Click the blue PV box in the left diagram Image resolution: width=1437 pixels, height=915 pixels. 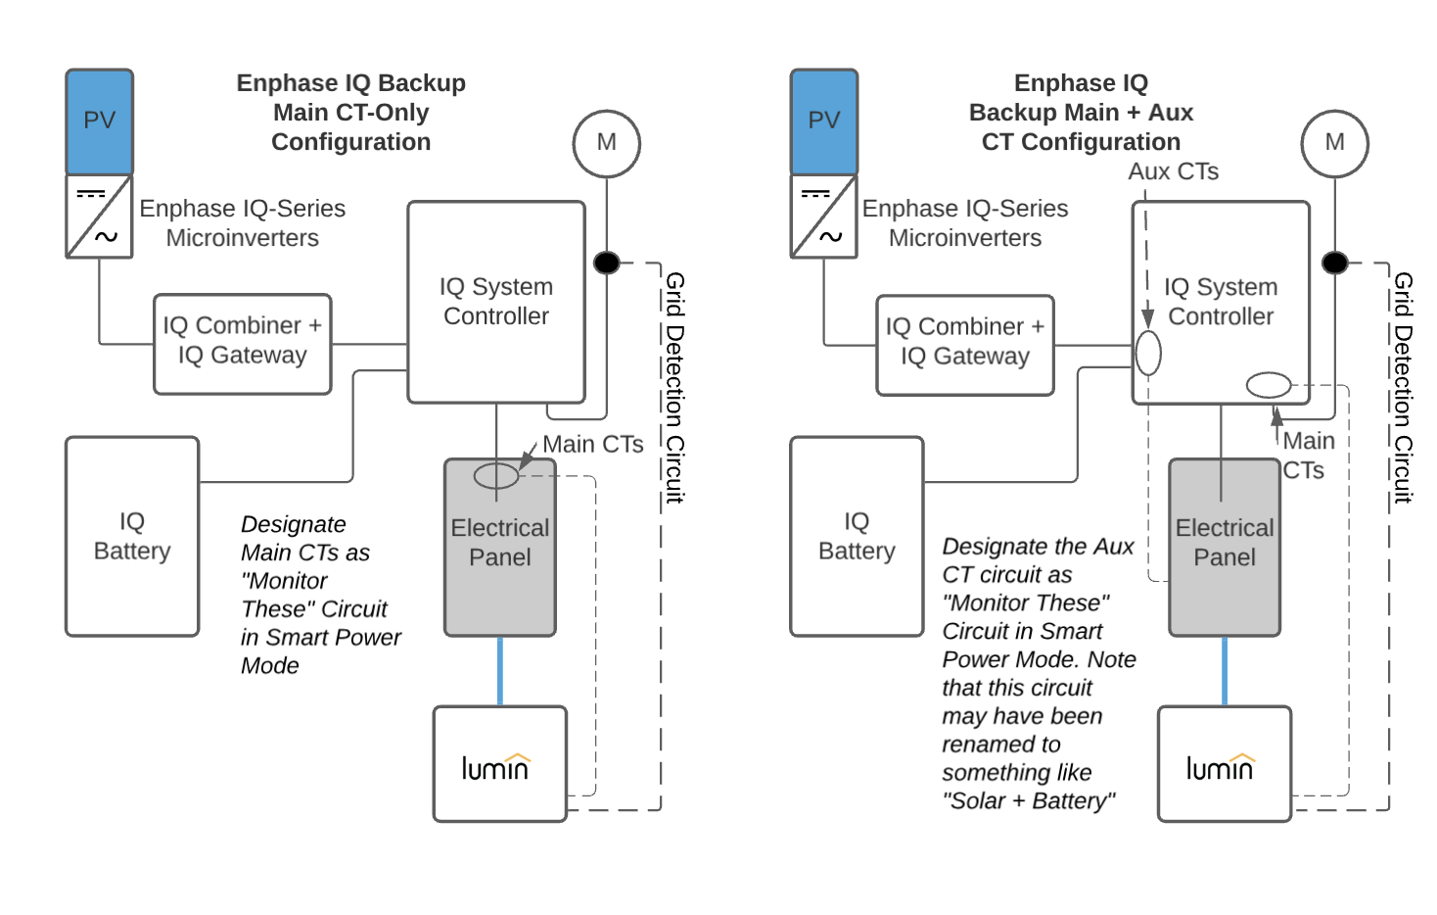coord(99,121)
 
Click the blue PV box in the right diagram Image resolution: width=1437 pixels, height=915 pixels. coord(823,121)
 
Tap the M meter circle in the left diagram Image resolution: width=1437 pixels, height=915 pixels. coord(607,143)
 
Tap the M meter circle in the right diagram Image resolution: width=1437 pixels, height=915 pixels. coord(1334,143)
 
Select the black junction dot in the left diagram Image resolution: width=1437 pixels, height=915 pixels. coord(607,263)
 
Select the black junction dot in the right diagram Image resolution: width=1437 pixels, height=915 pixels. coord(1334,263)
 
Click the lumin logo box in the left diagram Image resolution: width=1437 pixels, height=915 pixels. coord(499,764)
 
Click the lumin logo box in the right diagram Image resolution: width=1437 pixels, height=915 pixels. coord(1224,764)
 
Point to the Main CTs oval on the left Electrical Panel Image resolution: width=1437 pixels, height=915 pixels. coord(496,476)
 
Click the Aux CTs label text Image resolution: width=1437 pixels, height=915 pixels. coord(1173,171)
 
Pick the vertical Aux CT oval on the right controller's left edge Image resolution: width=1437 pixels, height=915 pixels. coord(1148,354)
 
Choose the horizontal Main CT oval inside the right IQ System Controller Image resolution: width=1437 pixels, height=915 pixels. coord(1269,385)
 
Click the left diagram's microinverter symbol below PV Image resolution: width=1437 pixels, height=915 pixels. coord(99,217)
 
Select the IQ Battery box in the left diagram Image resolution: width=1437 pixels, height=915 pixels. coord(132,536)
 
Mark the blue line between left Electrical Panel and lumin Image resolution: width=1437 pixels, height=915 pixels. coord(500,671)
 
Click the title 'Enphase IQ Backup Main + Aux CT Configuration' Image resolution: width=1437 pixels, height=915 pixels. coord(1081,113)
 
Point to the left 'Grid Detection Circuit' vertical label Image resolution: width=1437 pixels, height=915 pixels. coord(674,387)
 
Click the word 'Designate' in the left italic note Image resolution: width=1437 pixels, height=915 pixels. coord(294,524)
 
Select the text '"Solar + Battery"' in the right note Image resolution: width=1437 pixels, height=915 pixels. coord(1028,801)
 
